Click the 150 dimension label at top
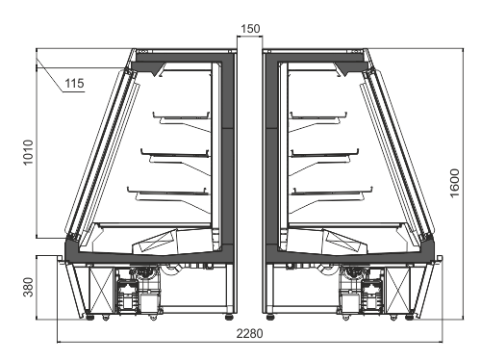250,29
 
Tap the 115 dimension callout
74,84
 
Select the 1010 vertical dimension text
28,152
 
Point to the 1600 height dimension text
454,183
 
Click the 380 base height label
28,287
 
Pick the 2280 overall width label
249,334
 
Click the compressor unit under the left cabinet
138,291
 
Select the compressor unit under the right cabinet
362,291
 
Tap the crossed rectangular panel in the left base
101,290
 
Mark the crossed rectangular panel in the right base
398,290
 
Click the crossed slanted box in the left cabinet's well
155,242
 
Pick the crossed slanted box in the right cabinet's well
344,242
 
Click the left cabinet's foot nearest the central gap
229,317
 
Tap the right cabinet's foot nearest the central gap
271,317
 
